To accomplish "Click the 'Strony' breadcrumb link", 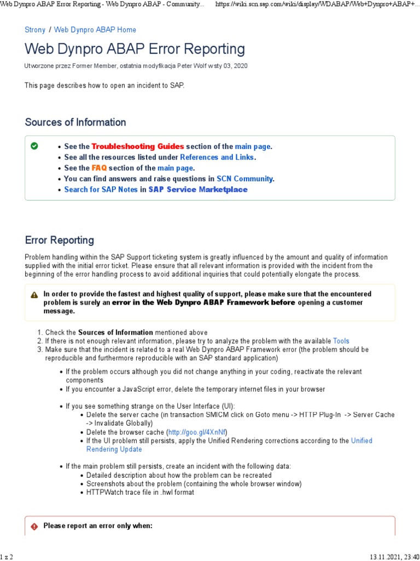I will click(x=35, y=30).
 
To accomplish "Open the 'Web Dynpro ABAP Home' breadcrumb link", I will click(x=95, y=30).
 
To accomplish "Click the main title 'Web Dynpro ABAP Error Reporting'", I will click(x=135, y=49).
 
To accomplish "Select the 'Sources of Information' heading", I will click(x=75, y=122).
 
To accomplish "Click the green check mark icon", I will click(x=34, y=146).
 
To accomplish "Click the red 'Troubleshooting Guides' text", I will click(x=138, y=146).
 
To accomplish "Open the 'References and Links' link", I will click(x=217, y=157).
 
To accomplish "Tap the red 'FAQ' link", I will click(x=99, y=168).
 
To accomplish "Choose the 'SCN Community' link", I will click(x=244, y=179).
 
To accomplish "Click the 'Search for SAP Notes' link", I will click(x=101, y=190).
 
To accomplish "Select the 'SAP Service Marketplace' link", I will click(x=198, y=190).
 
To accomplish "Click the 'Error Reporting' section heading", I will click(x=60, y=240).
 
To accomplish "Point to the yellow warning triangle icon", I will click(x=34, y=295).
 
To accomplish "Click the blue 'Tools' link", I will click(x=341, y=341).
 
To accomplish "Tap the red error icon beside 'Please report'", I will click(x=34, y=526).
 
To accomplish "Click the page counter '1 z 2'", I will click(x=7, y=557).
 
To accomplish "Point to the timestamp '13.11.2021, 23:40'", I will click(x=394, y=557).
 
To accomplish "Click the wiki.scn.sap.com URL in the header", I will click(x=317, y=4).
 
